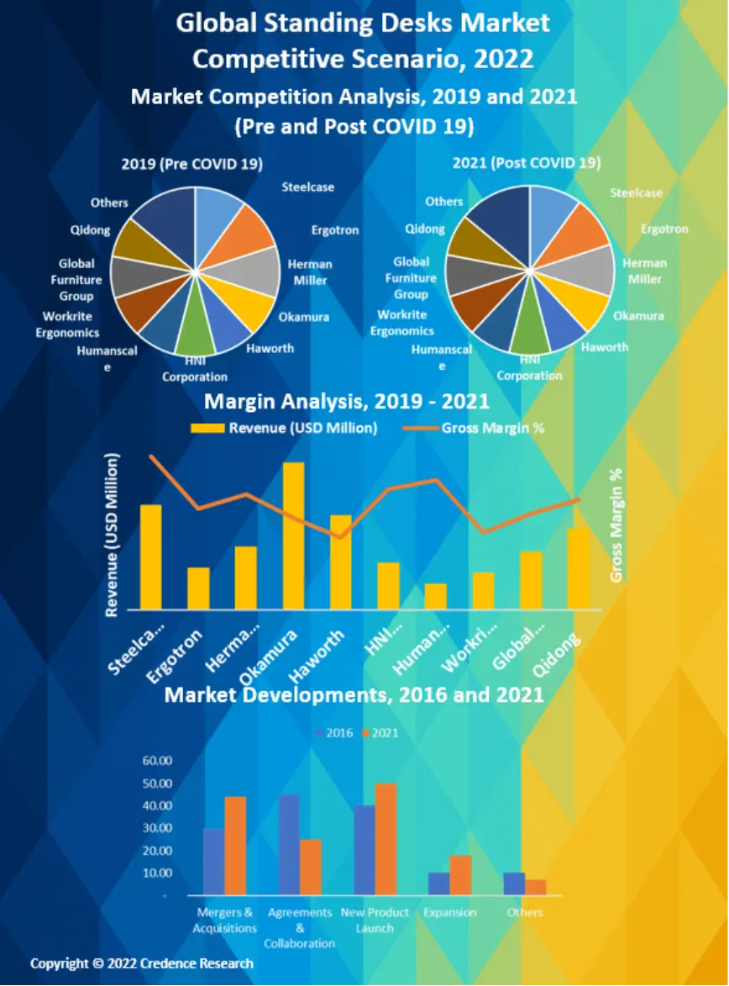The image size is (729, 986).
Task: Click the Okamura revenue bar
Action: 293,535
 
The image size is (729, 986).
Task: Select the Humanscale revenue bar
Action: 436,596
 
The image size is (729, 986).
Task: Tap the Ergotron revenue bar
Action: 198,588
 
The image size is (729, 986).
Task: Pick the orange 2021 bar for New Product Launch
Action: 385,839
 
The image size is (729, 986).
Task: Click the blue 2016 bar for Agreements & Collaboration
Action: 290,845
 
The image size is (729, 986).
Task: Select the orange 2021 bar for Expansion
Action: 460,875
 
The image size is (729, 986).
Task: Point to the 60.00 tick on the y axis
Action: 158,761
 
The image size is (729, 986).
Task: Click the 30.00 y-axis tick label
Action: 158,828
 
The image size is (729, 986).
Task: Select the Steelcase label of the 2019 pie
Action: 307,187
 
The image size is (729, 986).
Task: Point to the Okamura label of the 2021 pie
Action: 638,316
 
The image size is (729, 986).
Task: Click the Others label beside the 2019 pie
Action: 110,203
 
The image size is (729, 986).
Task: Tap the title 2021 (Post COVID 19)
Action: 527,162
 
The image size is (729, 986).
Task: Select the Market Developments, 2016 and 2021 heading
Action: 354,694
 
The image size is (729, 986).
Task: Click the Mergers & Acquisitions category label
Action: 224,920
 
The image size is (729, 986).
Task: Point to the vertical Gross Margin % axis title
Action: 616,525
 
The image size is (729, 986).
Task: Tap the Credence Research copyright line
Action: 142,963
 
